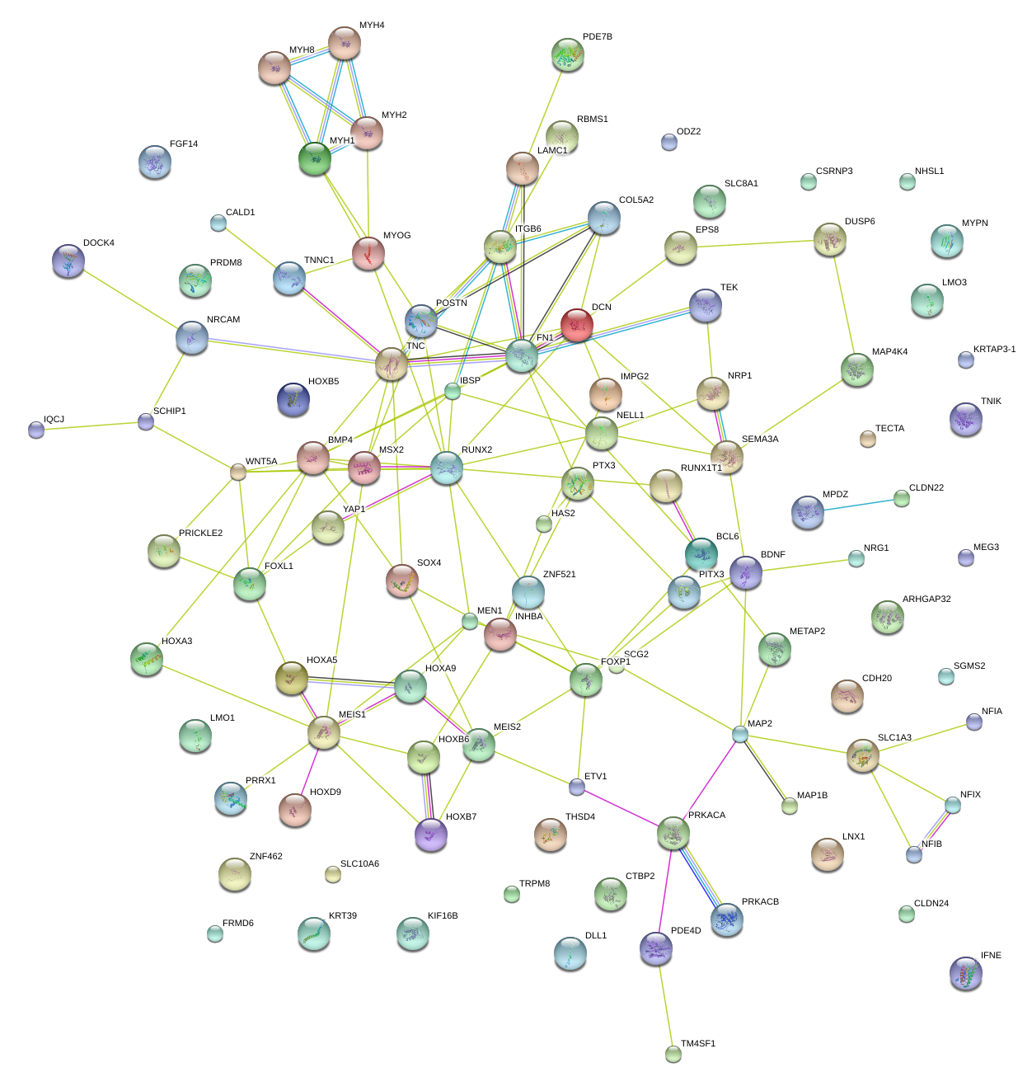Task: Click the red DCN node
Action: click(x=577, y=324)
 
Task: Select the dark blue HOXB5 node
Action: click(x=293, y=398)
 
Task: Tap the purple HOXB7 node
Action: click(x=430, y=834)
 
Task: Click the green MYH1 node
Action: click(x=315, y=158)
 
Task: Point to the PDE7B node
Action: click(x=568, y=54)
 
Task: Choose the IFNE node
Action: click(x=965, y=973)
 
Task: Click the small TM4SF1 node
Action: click(x=673, y=1053)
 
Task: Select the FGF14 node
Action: click(x=155, y=162)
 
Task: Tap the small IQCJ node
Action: click(x=36, y=430)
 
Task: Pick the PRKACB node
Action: click(x=726, y=919)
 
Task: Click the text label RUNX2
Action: click(x=476, y=450)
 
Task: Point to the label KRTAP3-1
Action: click(x=994, y=350)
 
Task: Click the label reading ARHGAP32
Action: click(x=926, y=600)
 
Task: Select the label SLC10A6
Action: click(x=359, y=864)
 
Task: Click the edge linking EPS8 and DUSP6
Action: click(x=754, y=244)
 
